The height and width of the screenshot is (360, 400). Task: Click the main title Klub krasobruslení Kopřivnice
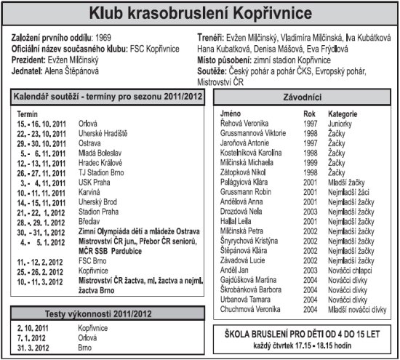(200, 14)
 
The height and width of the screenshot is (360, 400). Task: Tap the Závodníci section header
(300, 97)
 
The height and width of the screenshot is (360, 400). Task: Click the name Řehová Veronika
(245, 124)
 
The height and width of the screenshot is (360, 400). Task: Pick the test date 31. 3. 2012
(33, 348)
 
